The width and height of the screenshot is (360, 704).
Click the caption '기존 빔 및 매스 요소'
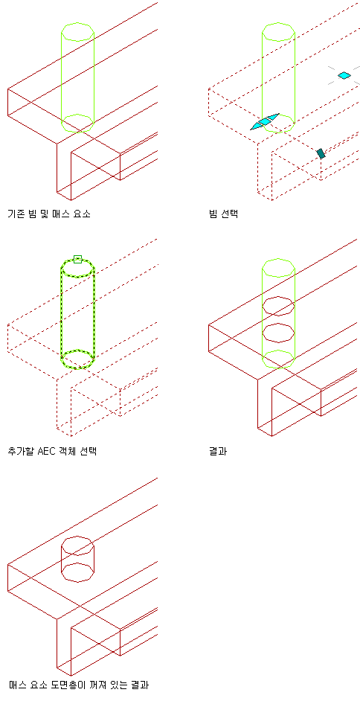point(49,214)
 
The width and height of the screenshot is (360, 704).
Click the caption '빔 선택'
point(223,214)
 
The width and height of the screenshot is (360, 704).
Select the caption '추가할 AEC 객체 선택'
point(52,451)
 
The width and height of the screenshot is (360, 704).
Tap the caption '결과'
point(218,451)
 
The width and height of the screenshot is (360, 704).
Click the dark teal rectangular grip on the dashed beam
point(321,153)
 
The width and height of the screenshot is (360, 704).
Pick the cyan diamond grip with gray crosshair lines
point(344,75)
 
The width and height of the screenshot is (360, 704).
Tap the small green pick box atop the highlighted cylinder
point(77,259)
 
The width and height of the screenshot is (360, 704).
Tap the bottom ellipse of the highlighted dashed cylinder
point(77,368)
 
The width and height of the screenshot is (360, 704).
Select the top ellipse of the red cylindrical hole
point(77,537)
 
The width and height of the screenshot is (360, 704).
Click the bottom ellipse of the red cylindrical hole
point(77,582)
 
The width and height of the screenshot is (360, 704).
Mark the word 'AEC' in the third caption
point(47,451)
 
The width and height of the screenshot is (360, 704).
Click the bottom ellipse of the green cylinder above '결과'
point(278,368)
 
